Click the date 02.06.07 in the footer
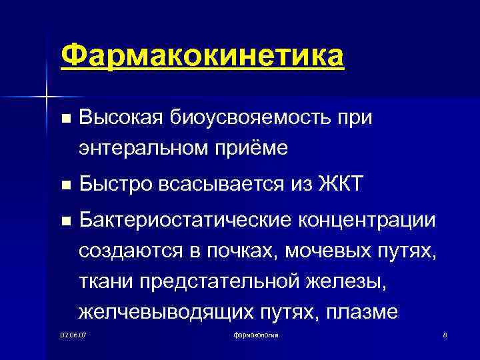point(73,333)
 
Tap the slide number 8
point(444,333)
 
